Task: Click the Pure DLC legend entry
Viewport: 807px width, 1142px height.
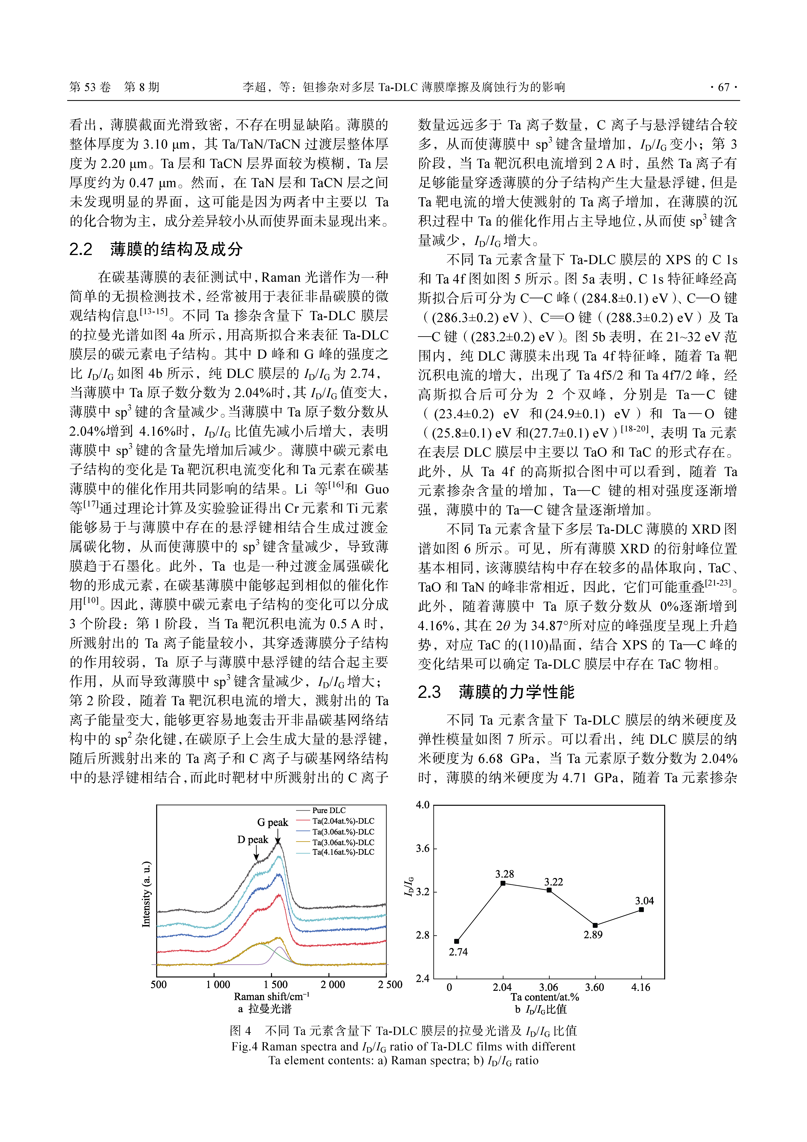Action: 329,810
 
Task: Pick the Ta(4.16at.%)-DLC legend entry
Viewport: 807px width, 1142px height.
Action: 343,852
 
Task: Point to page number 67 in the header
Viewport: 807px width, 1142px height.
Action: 723,88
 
